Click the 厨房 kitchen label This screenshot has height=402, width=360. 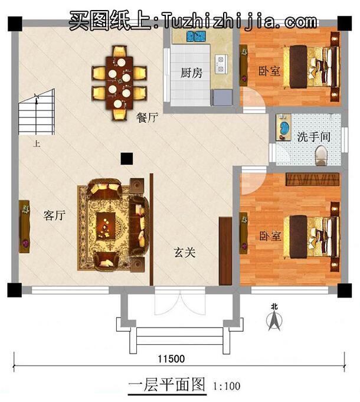[191, 73]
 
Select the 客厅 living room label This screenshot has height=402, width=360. [54, 216]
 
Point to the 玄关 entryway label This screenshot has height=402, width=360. [184, 252]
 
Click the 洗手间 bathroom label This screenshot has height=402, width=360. [313, 137]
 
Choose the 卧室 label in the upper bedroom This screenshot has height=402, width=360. [269, 71]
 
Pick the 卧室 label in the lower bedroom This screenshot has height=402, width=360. [270, 236]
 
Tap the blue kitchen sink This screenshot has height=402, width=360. [195, 37]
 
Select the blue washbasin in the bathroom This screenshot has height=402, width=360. [284, 128]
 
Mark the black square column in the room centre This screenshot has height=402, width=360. [126, 158]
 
